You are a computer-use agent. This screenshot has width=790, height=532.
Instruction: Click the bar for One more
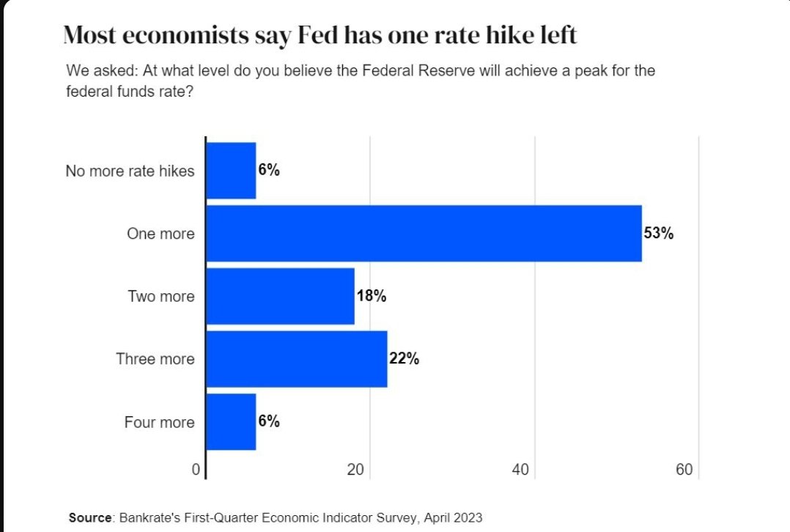(424, 234)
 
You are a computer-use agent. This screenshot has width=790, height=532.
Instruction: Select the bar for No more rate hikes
(231, 171)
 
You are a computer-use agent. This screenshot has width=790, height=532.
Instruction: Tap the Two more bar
(280, 296)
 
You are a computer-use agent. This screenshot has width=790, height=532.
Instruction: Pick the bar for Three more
(296, 359)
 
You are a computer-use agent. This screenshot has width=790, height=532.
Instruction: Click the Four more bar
(231, 422)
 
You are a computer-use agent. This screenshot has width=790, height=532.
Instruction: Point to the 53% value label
(658, 234)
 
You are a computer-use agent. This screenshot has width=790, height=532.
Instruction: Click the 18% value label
(371, 296)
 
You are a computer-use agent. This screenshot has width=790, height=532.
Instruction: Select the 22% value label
(404, 359)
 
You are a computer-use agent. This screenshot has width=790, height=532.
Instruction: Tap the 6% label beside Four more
(269, 421)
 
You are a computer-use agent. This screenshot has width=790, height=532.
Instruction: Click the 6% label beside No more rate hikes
(269, 170)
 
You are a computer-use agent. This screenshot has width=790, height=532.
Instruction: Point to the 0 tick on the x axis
(196, 470)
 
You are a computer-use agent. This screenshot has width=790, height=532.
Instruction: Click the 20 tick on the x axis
(355, 470)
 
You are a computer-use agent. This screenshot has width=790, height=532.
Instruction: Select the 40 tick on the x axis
(520, 470)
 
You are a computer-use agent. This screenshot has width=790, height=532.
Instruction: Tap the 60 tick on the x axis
(684, 470)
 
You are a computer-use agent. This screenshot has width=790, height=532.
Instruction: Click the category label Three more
(155, 359)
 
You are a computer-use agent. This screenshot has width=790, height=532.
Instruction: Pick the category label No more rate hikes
(130, 171)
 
